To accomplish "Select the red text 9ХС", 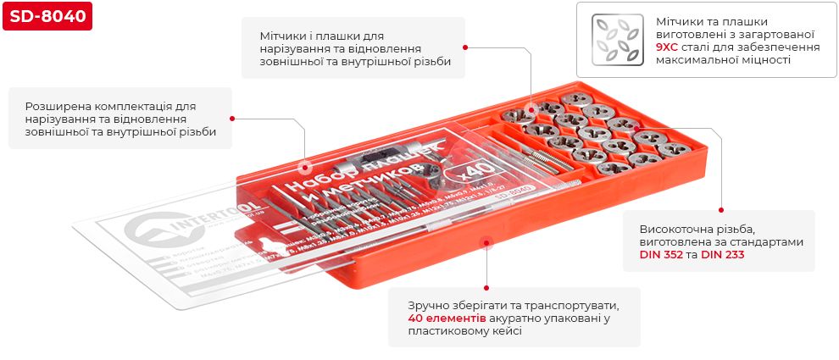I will click(668, 48).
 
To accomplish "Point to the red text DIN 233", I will click(722, 254).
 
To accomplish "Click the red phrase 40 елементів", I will click(447, 318).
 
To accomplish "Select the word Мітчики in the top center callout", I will click(285, 36).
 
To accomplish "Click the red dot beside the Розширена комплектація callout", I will click(232, 119).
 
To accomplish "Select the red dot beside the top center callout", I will click(465, 48).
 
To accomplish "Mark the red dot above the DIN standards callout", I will click(721, 209).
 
